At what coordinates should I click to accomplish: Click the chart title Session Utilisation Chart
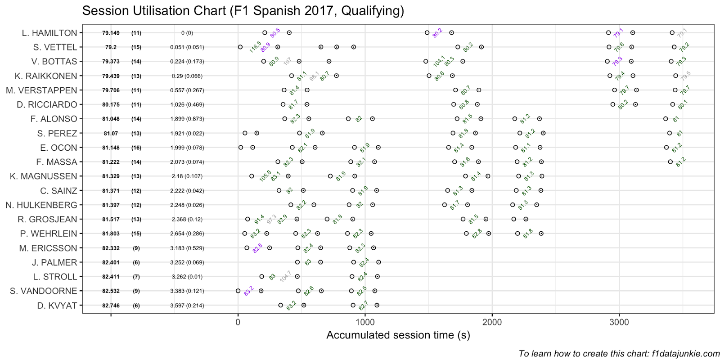(x=243, y=11)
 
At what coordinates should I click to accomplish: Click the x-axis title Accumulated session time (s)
(x=398, y=335)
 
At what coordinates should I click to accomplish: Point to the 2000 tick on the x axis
(x=492, y=322)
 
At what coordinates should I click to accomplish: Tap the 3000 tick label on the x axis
(x=619, y=322)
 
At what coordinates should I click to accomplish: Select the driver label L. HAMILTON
(x=49, y=33)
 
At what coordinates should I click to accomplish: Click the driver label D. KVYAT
(x=57, y=306)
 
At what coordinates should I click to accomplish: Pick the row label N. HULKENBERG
(x=41, y=205)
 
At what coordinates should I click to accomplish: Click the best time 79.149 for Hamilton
(x=111, y=33)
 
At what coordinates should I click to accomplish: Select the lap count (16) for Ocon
(x=136, y=148)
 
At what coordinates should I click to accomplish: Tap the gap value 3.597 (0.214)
(x=187, y=306)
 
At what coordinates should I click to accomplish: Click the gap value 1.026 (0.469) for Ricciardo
(x=187, y=104)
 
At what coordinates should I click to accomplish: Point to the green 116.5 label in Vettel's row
(x=255, y=46)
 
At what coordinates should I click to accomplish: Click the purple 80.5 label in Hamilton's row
(x=275, y=32)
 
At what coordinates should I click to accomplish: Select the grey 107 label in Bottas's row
(x=287, y=61)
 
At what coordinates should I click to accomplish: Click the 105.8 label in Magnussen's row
(x=265, y=175)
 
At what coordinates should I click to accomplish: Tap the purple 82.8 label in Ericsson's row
(x=257, y=248)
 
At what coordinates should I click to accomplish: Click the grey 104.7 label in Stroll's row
(x=285, y=276)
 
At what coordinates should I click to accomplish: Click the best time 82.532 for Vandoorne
(x=111, y=291)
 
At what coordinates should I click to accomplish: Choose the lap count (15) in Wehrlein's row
(x=136, y=234)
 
